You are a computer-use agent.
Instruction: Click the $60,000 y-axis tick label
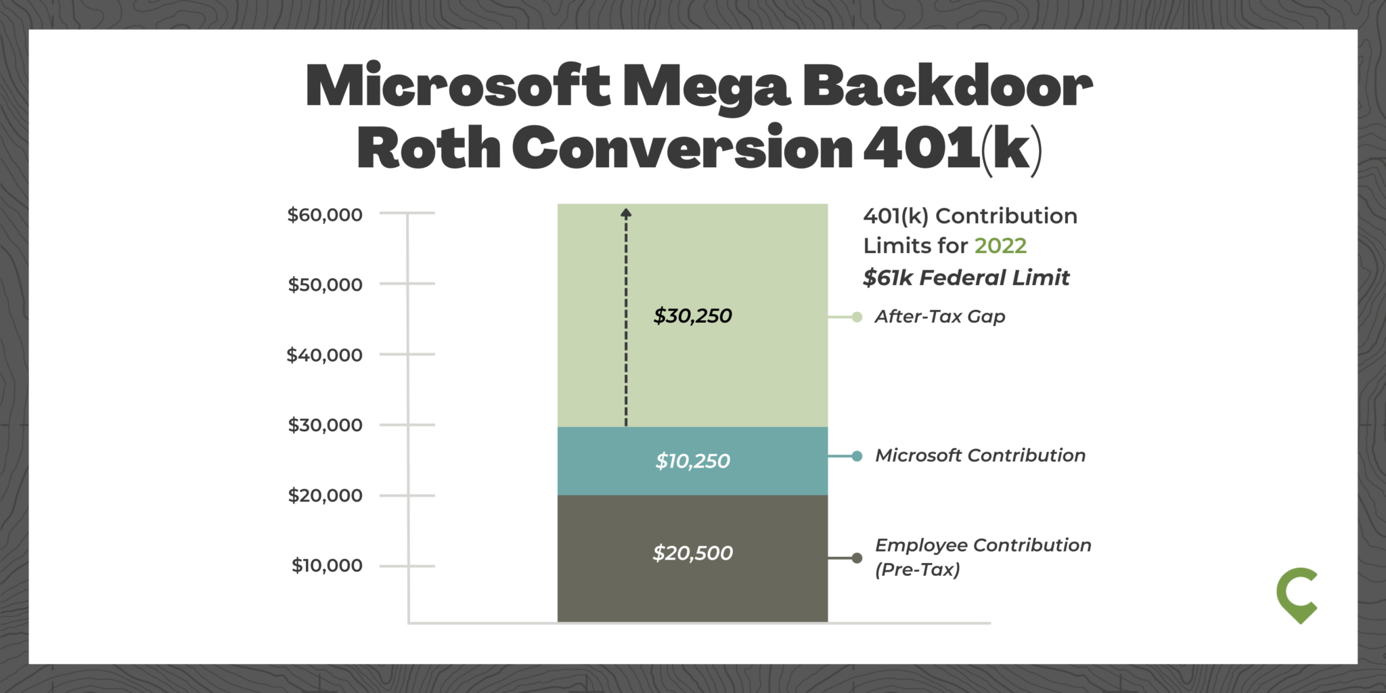325,215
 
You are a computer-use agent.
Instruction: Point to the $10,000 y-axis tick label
327,566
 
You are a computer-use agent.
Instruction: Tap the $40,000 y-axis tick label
325,355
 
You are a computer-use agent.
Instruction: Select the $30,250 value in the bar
692,316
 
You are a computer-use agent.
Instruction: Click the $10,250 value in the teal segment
692,462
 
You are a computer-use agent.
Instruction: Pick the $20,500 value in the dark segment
692,554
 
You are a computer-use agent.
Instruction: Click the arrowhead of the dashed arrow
626,213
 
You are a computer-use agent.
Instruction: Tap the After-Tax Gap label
939,317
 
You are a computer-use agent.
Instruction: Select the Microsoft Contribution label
980,455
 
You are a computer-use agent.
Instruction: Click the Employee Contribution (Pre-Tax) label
983,557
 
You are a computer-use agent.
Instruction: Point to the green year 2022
1000,246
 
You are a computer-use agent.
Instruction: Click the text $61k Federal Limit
966,278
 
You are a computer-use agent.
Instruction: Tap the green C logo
1297,596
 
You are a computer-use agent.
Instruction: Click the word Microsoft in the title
458,87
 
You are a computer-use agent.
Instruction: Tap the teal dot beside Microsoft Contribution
857,456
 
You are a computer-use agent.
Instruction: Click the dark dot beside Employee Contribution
857,558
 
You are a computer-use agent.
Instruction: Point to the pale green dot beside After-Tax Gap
857,317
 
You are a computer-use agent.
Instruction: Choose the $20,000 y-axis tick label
325,495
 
